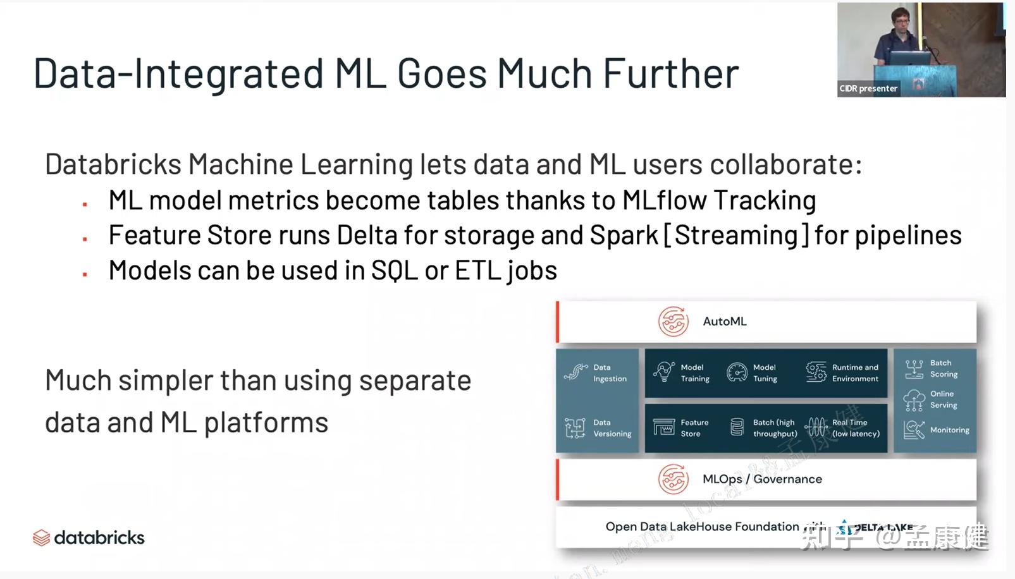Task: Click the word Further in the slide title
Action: coord(670,73)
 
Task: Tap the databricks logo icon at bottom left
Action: coord(41,538)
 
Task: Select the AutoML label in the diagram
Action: coord(725,322)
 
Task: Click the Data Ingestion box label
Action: coord(610,373)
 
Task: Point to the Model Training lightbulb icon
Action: coord(663,372)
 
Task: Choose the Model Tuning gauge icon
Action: coord(737,372)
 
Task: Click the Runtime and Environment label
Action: coord(855,373)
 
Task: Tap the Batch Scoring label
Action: coord(944,369)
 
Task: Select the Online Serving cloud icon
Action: coord(914,399)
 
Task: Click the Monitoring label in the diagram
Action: coord(949,430)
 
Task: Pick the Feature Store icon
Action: coord(663,428)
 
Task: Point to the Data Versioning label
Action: coord(612,428)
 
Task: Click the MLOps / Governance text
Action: coord(762,479)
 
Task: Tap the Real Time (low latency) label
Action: coord(856,428)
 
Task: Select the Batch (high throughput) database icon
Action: coord(737,427)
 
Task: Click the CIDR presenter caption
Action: coord(868,88)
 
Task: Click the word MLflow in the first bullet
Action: coord(664,200)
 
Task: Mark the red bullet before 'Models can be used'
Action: coord(85,274)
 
